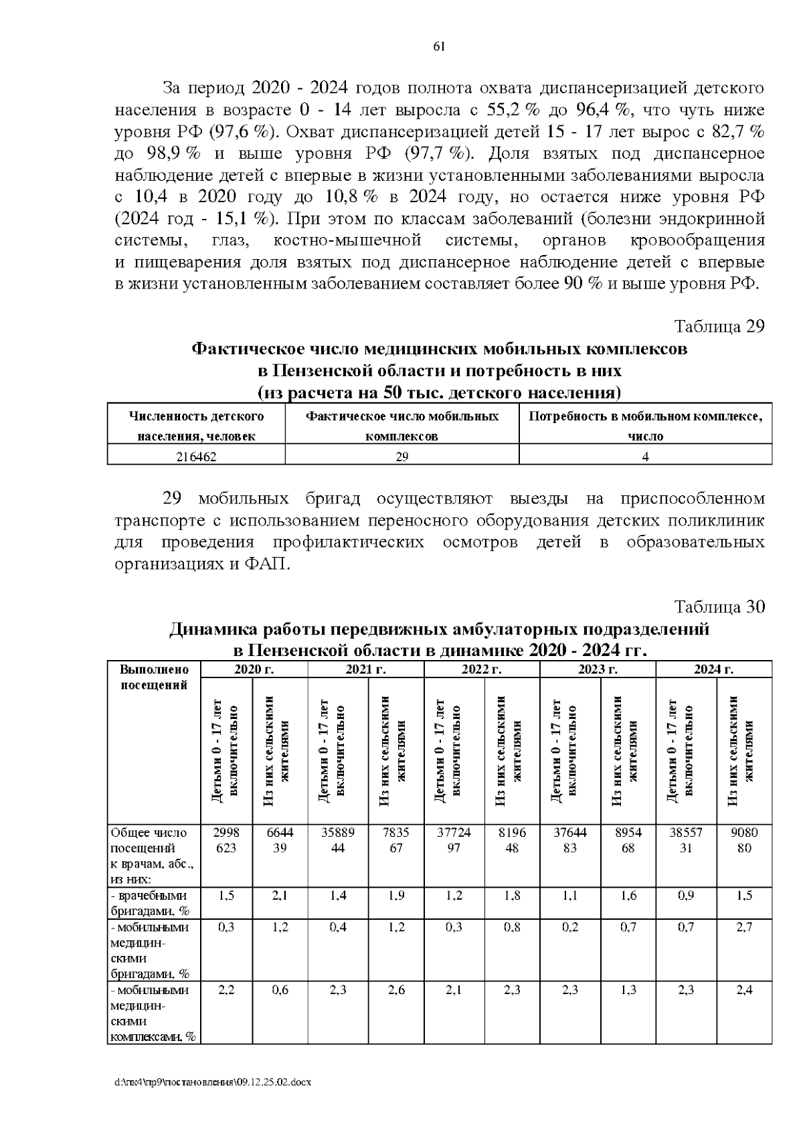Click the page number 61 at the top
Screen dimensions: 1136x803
click(439, 46)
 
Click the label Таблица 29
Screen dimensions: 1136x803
click(719, 327)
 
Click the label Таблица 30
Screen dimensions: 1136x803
click(719, 607)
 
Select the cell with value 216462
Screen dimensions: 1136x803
click(196, 457)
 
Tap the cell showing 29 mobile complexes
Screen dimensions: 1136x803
click(401, 457)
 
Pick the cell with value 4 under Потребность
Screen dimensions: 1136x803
click(645, 457)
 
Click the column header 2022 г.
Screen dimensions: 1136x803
click(482, 669)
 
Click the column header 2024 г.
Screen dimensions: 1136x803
click(713, 669)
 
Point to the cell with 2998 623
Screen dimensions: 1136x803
click(226, 841)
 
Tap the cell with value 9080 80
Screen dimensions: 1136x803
click(744, 841)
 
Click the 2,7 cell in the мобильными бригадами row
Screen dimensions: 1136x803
click(744, 927)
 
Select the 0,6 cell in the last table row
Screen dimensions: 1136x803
click(280, 990)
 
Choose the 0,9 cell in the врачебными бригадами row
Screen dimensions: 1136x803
click(686, 896)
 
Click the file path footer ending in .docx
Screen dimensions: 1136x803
click(213, 1082)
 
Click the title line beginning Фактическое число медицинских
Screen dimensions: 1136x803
click(439, 349)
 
